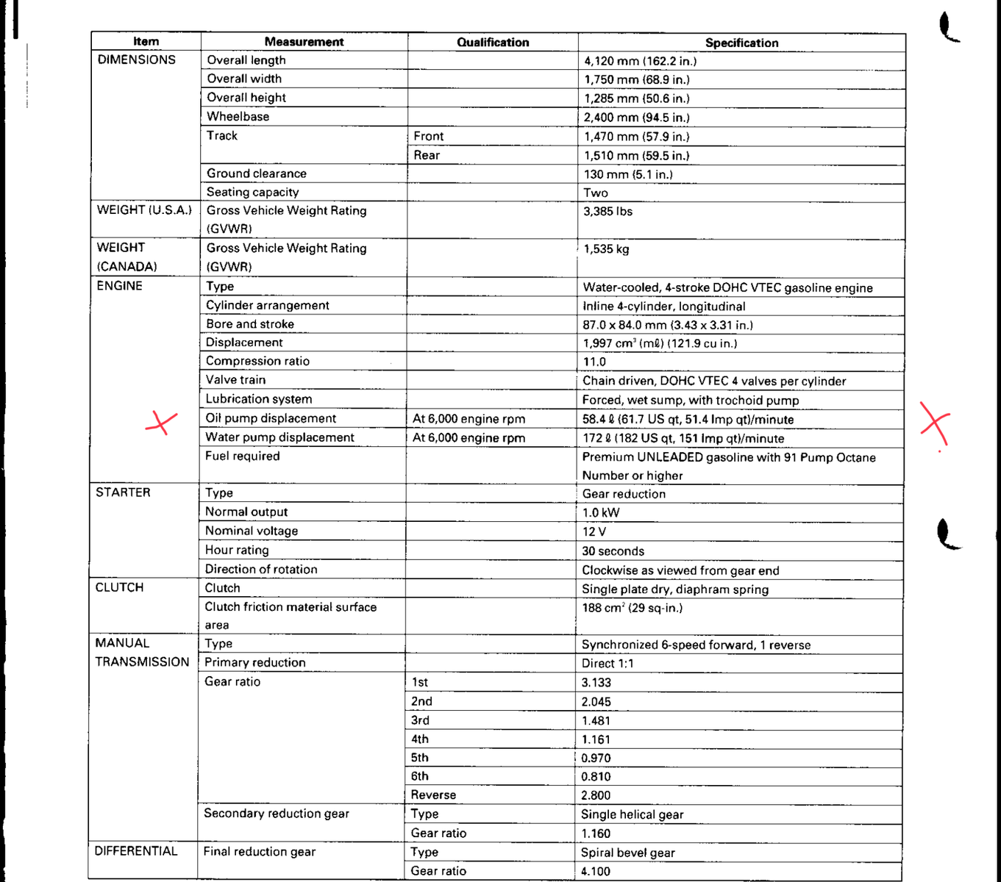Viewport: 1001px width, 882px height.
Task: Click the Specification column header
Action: point(741,43)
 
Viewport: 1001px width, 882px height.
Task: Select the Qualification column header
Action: point(493,43)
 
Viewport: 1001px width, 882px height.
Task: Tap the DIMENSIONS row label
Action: point(136,60)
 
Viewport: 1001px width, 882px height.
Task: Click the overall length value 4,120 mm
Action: point(640,61)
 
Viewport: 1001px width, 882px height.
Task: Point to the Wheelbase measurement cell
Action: point(238,116)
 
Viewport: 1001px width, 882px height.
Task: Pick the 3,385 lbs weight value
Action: point(608,212)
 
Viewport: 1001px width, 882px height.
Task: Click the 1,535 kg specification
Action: point(606,249)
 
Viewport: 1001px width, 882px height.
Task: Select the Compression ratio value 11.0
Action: point(594,362)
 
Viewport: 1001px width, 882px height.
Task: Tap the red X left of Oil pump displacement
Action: point(161,422)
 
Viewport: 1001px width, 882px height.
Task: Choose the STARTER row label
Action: point(123,492)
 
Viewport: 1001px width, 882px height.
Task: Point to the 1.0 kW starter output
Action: point(601,513)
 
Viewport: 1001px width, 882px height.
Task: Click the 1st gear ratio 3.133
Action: point(596,683)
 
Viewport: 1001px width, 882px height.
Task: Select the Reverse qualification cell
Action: point(433,795)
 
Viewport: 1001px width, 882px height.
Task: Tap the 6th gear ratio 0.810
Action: point(596,777)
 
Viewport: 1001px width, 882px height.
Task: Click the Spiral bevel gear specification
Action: point(627,853)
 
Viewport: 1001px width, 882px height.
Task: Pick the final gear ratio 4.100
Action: point(596,872)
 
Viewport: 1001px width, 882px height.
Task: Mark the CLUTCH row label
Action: point(119,588)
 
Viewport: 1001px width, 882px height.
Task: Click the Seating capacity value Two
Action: point(596,193)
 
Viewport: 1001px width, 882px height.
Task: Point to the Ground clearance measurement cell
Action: point(257,173)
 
